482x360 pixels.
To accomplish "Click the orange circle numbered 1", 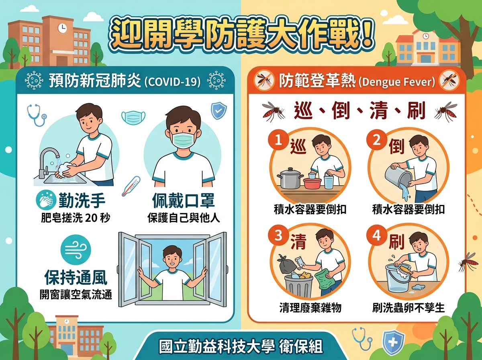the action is point(278,140).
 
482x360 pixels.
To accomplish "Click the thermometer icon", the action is point(131,186).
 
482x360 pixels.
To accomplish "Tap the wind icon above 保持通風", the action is point(76,250).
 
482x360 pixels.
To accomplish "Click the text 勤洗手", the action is point(82,200).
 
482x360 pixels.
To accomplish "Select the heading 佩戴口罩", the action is point(183,200).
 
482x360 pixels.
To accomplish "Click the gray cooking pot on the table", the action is point(290,178).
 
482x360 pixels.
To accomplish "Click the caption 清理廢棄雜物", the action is point(310,307).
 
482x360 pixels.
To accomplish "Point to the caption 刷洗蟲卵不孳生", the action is point(408,307).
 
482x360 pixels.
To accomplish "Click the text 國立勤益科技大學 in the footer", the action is point(216,347).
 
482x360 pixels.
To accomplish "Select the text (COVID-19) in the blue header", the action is point(173,82).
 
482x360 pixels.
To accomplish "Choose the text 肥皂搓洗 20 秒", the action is point(76,218).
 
